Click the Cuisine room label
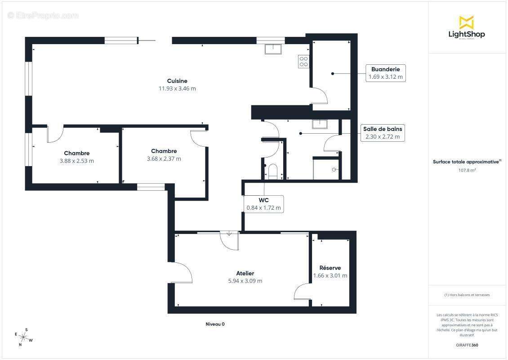point(177,81)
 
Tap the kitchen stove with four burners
point(303,62)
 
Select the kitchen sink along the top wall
point(273,49)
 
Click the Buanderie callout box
point(386,73)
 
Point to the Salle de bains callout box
point(383,133)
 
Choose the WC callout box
point(263,204)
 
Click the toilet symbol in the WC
point(272,171)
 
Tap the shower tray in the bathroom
point(325,169)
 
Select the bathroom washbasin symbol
point(320,124)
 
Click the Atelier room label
point(245,273)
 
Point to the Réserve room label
point(330,268)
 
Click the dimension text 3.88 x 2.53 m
point(76,161)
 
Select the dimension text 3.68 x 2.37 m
point(164,158)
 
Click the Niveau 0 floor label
point(215,324)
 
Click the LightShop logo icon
point(466,22)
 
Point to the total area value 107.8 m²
point(467,170)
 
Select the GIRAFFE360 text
point(467,345)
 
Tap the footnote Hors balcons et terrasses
point(467,295)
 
